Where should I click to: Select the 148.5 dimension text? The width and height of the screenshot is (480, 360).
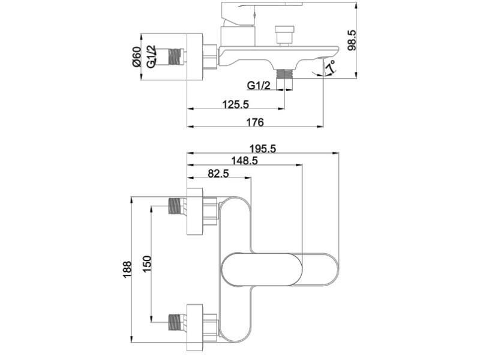coord(244,161)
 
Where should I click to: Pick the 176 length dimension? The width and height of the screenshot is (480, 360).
coord(254,122)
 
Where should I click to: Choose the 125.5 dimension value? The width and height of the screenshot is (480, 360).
coord(235,104)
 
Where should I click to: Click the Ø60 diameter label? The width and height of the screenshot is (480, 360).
coord(136,56)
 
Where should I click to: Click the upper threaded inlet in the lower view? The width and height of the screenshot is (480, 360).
coord(176,206)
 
